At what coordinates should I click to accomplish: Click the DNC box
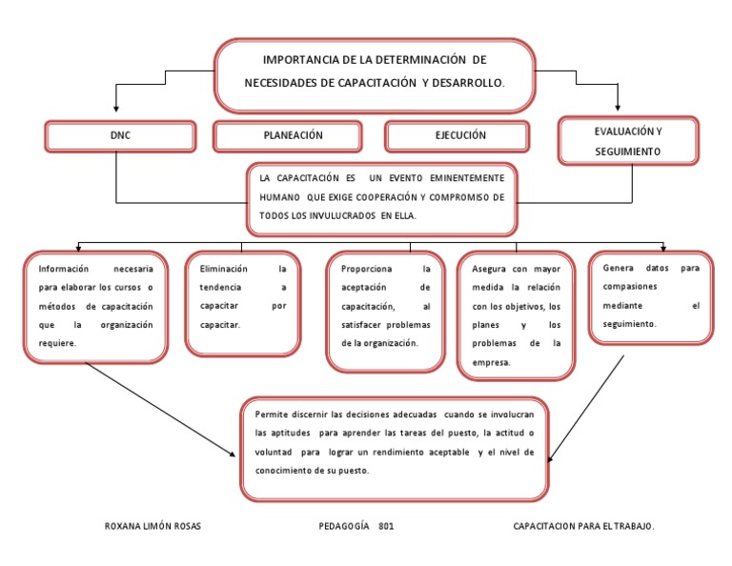[120, 136]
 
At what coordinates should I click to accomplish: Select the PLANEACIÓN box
[294, 135]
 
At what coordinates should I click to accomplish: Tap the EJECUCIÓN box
[460, 135]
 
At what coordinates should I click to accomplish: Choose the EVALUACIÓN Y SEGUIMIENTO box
[627, 141]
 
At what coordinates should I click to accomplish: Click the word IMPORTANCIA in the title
[303, 61]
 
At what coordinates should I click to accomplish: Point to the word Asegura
[490, 269]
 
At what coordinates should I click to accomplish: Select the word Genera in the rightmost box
[619, 268]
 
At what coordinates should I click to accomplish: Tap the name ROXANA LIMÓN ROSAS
[152, 526]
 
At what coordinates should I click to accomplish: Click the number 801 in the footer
[385, 526]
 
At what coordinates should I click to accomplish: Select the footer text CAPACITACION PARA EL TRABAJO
[583, 526]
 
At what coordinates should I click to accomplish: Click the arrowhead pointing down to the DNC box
[115, 111]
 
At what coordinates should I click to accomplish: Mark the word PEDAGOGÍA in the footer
[343, 526]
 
